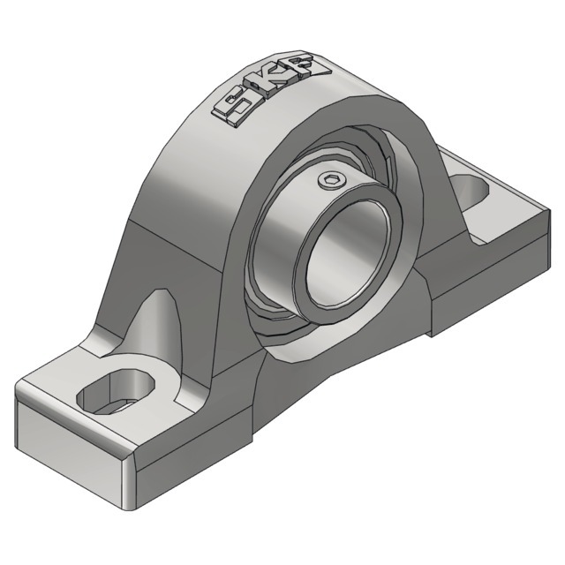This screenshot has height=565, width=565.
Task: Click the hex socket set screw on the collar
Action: [328, 180]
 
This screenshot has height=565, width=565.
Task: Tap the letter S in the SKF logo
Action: [233, 106]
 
